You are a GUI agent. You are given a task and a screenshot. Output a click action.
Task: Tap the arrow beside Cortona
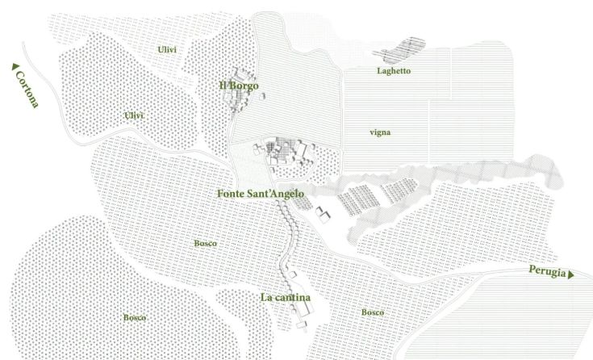tap(14, 69)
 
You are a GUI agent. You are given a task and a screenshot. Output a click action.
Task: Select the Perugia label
tap(546, 270)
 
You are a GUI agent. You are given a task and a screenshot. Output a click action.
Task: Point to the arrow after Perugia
tap(571, 275)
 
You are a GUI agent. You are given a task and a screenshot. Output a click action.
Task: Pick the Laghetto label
tap(394, 71)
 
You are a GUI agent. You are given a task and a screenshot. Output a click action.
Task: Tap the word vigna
tap(380, 132)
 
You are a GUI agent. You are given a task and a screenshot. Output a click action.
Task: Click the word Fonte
tap(233, 194)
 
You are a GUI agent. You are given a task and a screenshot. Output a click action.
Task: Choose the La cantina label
tap(286, 297)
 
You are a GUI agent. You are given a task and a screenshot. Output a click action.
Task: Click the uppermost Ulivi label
tap(167, 50)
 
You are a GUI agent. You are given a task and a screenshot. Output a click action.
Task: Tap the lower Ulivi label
tap(134, 115)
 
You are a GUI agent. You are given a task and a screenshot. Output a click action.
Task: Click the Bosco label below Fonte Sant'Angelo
tap(206, 243)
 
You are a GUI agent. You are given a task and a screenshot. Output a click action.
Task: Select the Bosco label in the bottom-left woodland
tap(134, 317)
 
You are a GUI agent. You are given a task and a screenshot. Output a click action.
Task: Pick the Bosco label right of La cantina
tap(372, 312)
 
